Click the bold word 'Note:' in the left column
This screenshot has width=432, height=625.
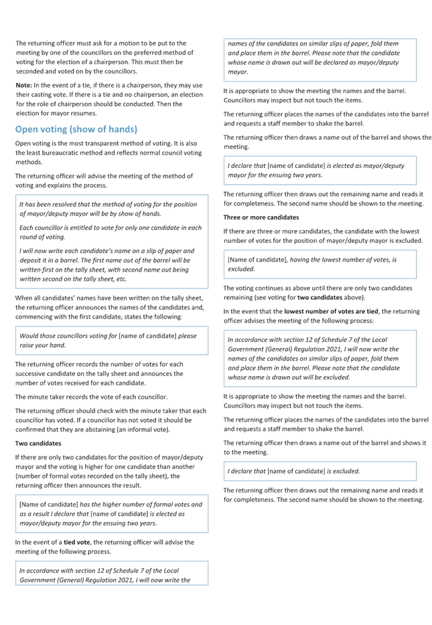(x=23, y=85)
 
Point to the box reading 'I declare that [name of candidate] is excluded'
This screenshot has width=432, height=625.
(x=319, y=472)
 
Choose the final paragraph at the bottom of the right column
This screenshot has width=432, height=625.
(x=319, y=496)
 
